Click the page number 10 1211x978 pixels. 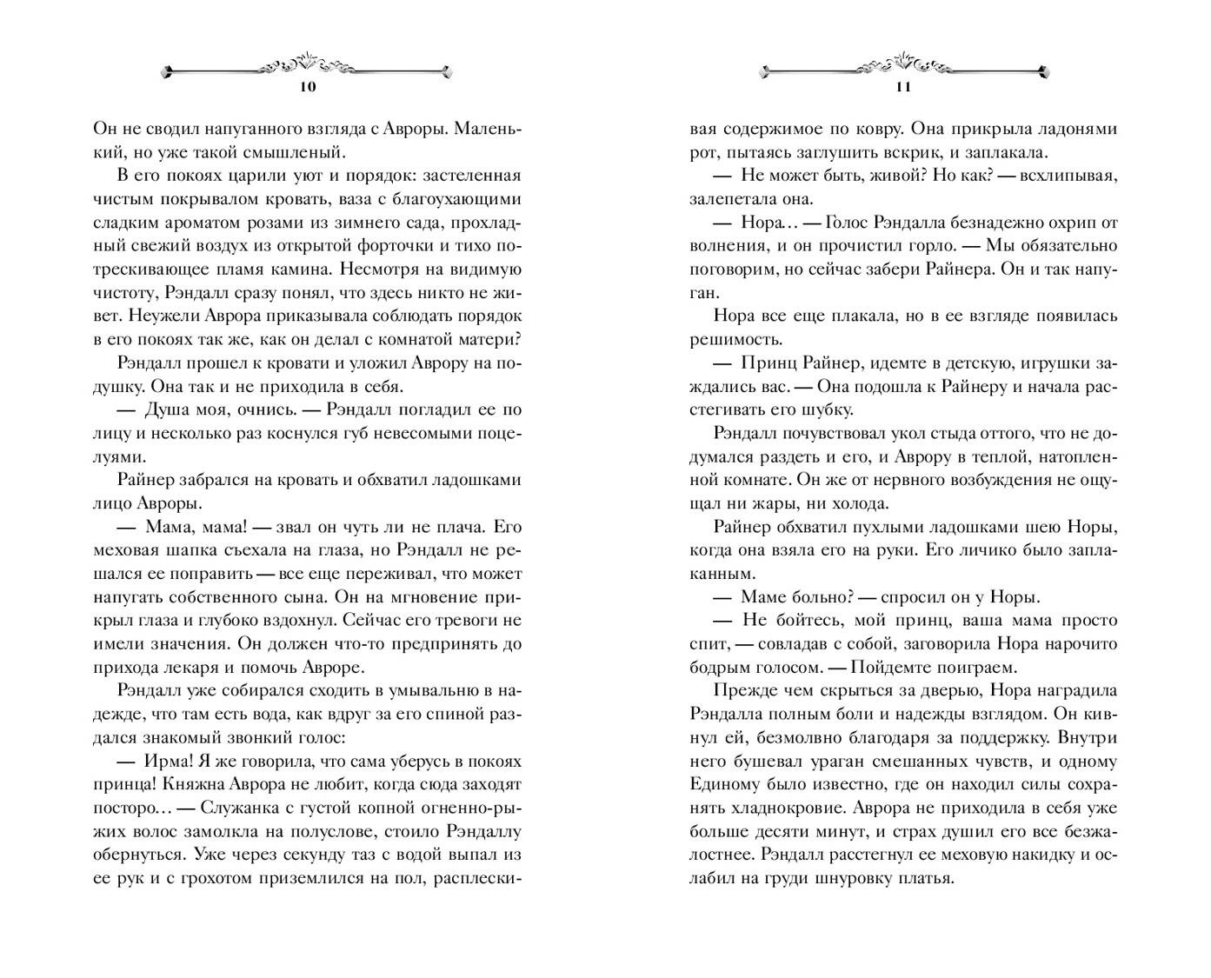tap(308, 87)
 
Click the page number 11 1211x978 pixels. tap(902, 87)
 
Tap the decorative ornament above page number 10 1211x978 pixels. tap(308, 67)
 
